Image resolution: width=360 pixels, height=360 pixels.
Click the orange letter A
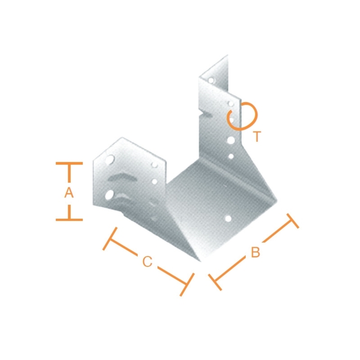coord(68,192)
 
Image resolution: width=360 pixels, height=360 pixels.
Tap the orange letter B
coord(255,252)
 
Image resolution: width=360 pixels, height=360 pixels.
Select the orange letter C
coord(147,261)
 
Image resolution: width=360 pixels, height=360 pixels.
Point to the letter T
coord(257,136)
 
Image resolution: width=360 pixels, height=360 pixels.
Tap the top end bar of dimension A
coord(69,164)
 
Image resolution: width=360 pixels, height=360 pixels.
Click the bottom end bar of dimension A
coord(69,220)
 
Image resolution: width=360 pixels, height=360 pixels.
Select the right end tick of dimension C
coord(187,284)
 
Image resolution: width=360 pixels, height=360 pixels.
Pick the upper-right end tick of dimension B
coord(293,221)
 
